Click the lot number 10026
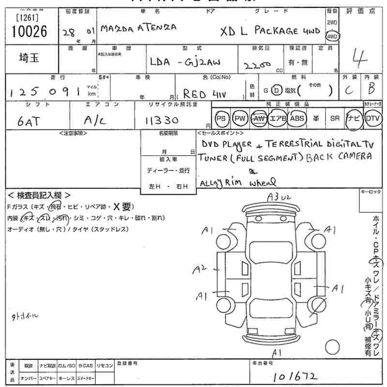click(x=29, y=32)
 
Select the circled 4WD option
click(x=332, y=36)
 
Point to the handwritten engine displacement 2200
click(x=257, y=65)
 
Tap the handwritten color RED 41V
click(x=202, y=93)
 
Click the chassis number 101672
click(x=296, y=375)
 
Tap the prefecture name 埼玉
click(x=30, y=58)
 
